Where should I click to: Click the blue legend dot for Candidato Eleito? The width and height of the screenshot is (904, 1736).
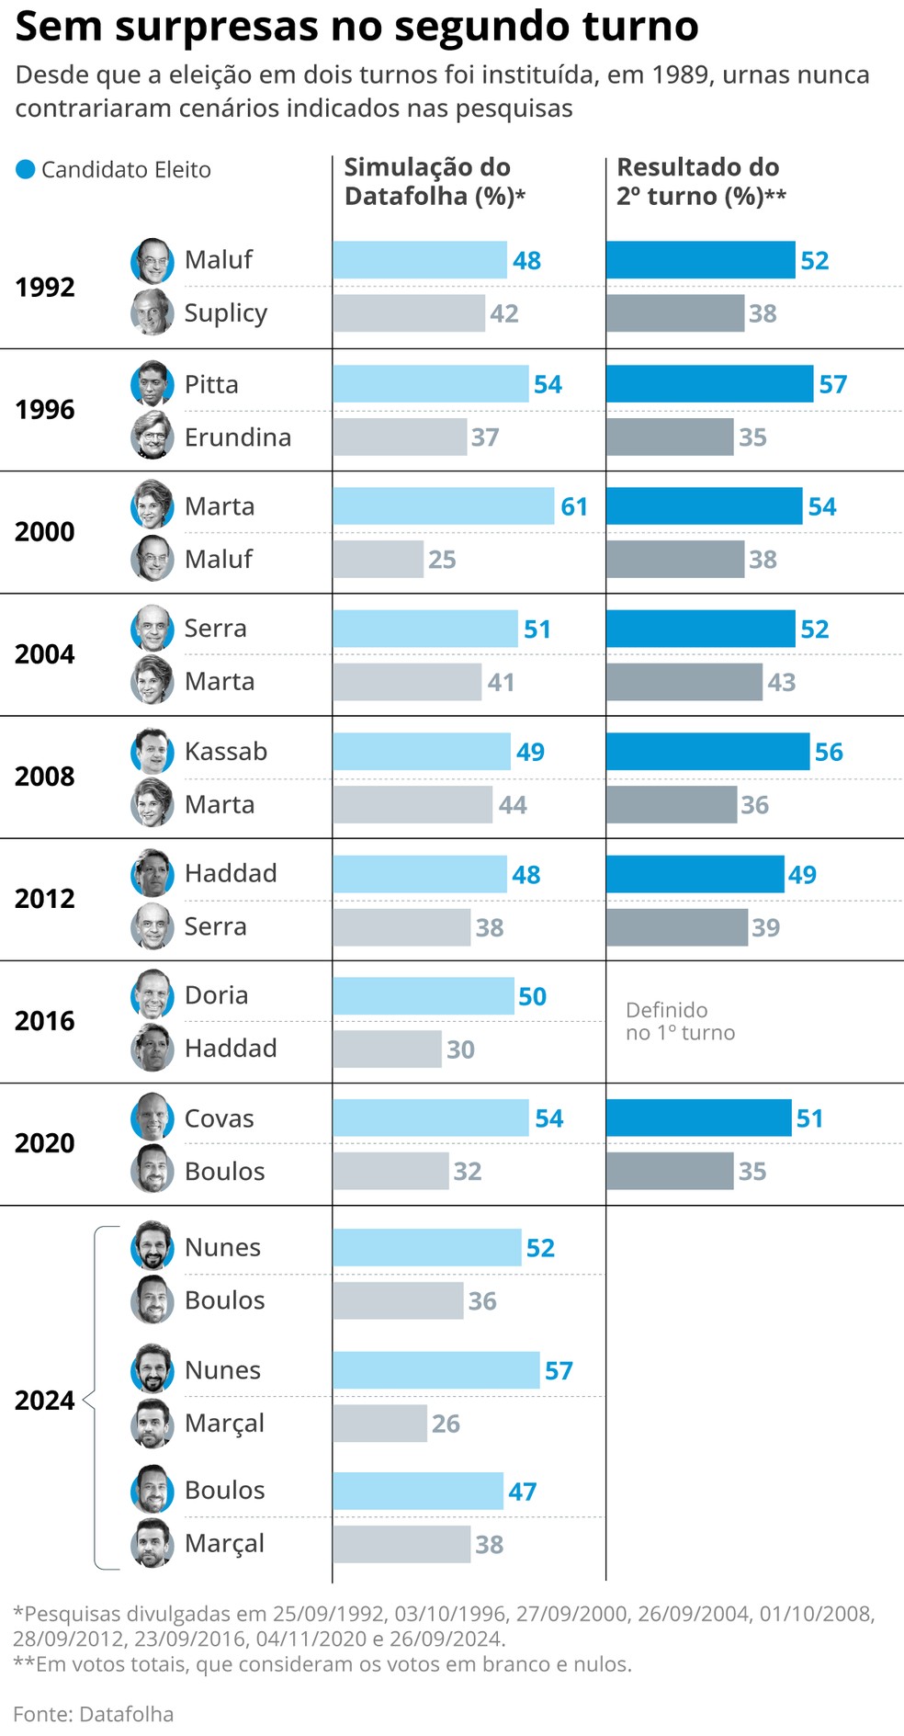coord(26,169)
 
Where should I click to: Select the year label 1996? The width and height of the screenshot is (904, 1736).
coord(44,410)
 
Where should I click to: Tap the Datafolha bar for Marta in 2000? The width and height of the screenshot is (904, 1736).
coord(444,506)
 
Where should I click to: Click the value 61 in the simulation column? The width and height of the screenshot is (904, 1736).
coord(574,507)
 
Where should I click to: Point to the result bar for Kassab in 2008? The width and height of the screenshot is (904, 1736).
coord(707,752)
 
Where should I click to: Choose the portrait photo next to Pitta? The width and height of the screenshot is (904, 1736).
coord(153,384)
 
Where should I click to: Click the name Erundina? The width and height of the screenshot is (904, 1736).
coord(238,437)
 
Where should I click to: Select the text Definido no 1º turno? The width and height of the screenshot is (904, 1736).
coord(680,1021)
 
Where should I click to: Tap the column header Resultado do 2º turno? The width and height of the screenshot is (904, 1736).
coord(700,181)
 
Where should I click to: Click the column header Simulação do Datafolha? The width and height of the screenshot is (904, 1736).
coord(434,181)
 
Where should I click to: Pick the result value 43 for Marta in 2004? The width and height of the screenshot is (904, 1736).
coord(781,682)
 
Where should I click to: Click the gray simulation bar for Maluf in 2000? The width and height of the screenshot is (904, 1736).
coord(379,559)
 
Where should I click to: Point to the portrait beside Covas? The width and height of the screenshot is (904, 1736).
coord(153,1118)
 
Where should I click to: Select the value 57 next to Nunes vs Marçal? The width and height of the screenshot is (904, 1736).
coord(559,1371)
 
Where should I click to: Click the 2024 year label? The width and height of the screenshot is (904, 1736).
coord(44,1401)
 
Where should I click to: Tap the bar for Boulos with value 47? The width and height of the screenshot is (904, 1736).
coord(418,1491)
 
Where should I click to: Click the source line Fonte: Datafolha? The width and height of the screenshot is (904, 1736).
coord(93,1714)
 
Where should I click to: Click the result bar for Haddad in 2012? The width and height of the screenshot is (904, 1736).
coord(695,874)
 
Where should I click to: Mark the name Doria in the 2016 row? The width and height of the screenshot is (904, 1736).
coord(216,995)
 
